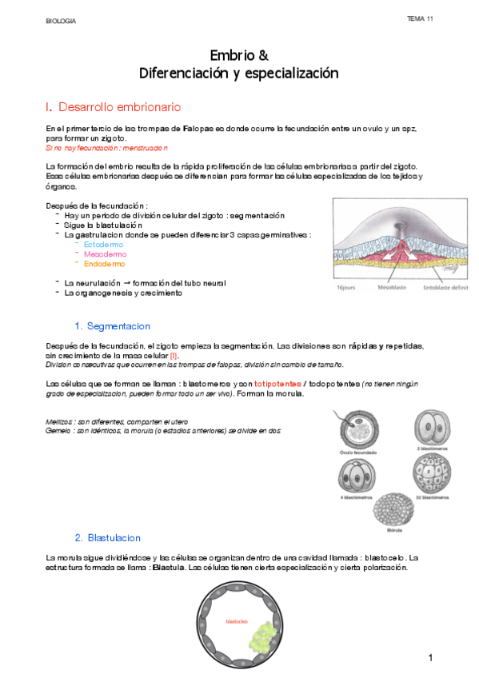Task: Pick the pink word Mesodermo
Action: click(105, 253)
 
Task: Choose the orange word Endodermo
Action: click(105, 263)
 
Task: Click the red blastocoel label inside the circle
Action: click(237, 620)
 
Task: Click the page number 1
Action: click(430, 657)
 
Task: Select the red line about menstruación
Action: click(107, 148)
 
